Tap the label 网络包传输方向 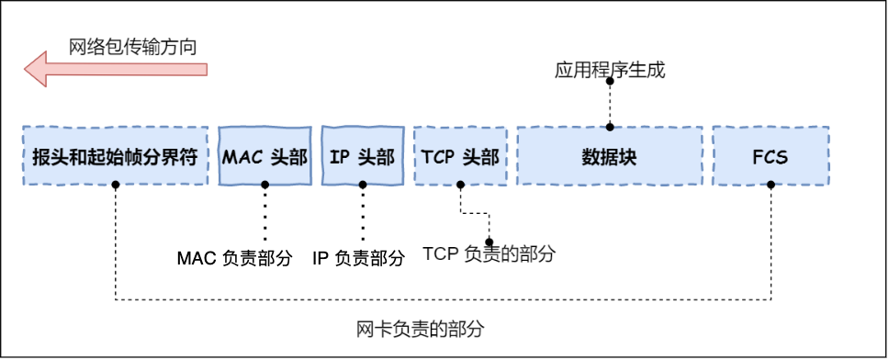[x=133, y=46]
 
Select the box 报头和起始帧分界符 [x=115, y=155]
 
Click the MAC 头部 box [x=264, y=155]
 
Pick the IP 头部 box [x=362, y=155]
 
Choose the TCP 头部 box [x=460, y=155]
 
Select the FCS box [x=770, y=155]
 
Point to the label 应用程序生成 [x=609, y=71]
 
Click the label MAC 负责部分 [x=233, y=259]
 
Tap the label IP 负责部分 [x=358, y=259]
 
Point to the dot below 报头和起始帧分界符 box [x=115, y=185]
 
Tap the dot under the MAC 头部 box [x=264, y=185]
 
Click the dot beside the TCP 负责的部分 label [x=489, y=242]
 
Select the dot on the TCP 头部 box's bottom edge [x=460, y=185]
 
